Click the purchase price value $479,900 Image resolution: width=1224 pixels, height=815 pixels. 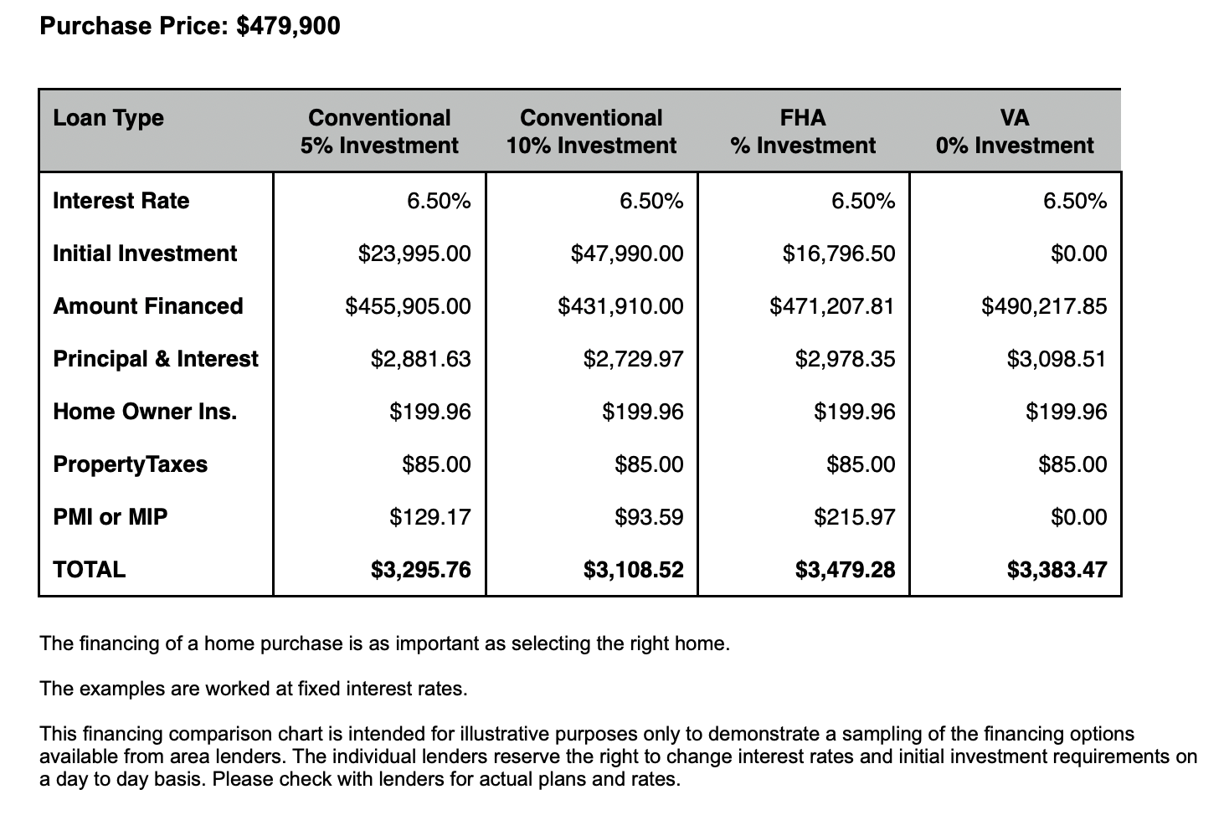(288, 26)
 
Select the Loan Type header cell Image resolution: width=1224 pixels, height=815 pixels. (108, 118)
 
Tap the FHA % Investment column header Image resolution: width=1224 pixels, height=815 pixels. (803, 131)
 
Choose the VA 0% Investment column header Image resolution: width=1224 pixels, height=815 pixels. (1015, 131)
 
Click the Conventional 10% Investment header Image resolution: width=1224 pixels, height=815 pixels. (591, 131)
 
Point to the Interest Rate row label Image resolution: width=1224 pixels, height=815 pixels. (121, 201)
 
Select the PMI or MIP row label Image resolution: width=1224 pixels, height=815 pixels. (110, 517)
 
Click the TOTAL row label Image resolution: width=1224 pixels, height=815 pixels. (89, 570)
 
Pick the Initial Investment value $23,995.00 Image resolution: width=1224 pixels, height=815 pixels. (414, 254)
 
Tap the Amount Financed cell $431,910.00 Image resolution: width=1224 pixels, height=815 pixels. (620, 306)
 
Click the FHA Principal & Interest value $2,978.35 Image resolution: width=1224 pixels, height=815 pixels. (845, 359)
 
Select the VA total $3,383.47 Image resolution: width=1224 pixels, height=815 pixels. (1057, 570)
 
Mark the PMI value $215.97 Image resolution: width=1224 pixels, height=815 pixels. (854, 517)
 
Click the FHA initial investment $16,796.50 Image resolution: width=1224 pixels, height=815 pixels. (839, 254)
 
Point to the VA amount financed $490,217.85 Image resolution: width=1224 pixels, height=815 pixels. (1044, 306)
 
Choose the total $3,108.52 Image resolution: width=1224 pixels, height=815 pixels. (633, 570)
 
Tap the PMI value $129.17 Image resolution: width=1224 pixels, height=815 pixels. (430, 517)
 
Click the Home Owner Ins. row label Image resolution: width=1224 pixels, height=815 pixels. (145, 412)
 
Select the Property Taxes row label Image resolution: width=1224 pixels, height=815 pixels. (130, 464)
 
